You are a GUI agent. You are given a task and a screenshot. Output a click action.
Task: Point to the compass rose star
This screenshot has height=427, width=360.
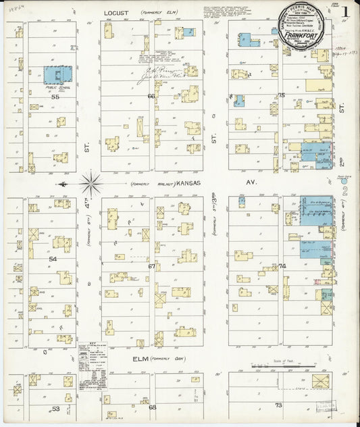point(91,182)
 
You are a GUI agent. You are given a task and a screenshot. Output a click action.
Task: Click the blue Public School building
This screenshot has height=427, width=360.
point(59,75)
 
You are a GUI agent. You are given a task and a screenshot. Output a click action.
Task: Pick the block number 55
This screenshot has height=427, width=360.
point(55,97)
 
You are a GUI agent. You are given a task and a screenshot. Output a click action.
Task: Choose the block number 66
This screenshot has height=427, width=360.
point(151,96)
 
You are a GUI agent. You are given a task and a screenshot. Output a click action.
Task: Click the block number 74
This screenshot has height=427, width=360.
point(282,266)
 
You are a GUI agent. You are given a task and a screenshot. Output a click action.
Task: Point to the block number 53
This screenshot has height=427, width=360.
point(55,409)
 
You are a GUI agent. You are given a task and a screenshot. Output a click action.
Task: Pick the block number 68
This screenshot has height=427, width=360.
point(152,407)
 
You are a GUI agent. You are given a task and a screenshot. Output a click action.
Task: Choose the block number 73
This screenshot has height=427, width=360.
point(278,405)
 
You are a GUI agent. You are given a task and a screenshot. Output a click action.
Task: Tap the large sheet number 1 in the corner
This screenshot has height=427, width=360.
point(345,12)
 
